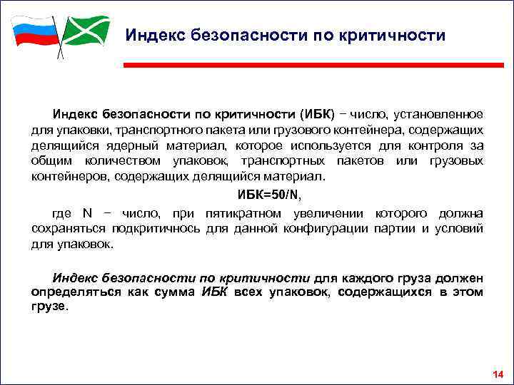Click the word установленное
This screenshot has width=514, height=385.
coord(440,115)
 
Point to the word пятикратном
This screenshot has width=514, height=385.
coord(236,213)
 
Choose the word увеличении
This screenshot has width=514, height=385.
coord(324,213)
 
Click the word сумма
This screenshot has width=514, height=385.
coord(176,292)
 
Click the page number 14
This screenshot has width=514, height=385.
coord(498,374)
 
